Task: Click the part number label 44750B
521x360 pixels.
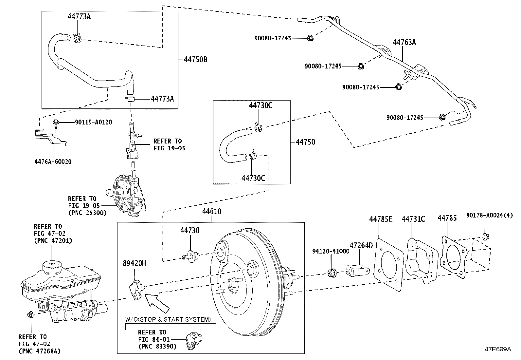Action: [x=195, y=60]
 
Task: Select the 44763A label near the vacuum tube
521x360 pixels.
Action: [x=404, y=42]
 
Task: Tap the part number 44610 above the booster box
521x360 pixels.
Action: [x=211, y=212]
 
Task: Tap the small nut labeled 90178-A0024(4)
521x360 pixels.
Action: [x=485, y=236]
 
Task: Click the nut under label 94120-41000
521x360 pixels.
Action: [x=332, y=273]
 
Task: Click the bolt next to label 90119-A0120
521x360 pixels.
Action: [x=56, y=123]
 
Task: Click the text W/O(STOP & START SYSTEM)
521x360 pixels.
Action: [x=168, y=319]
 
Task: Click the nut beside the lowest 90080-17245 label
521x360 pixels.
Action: [x=441, y=117]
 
